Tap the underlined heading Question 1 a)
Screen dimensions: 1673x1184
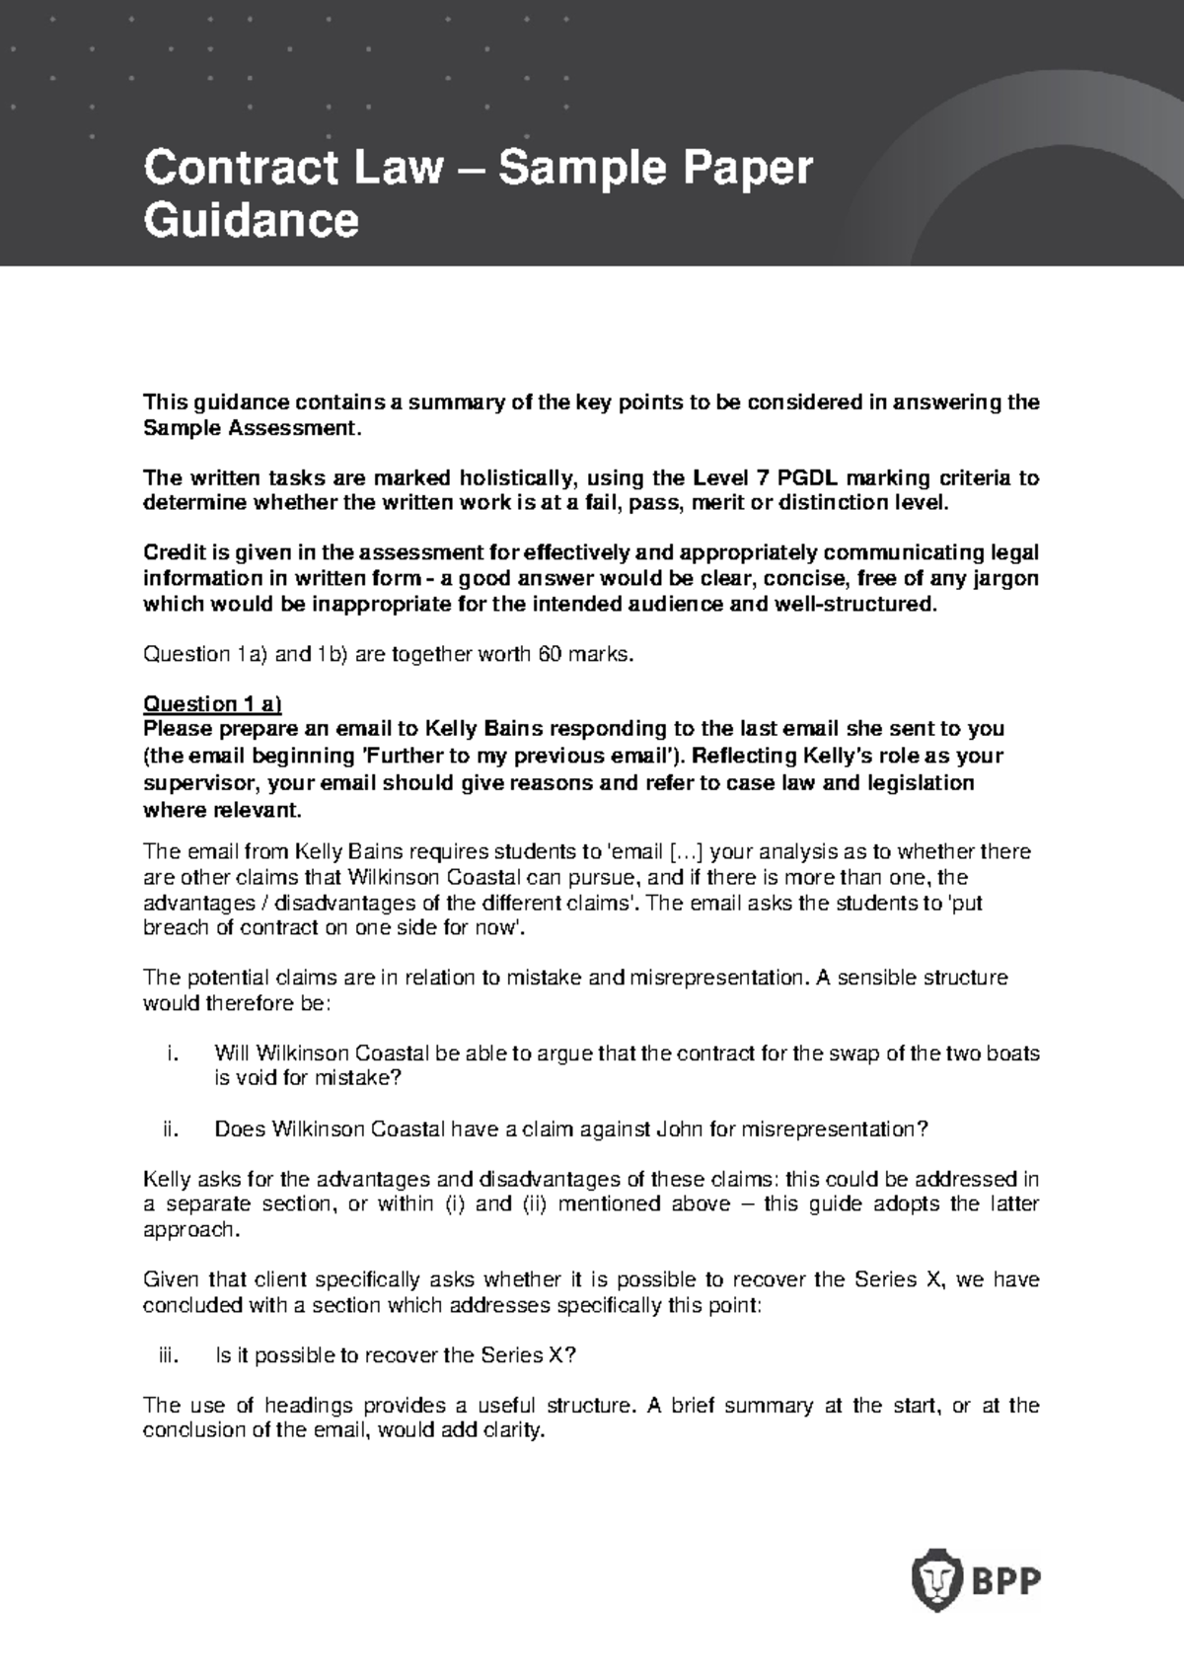click(x=212, y=703)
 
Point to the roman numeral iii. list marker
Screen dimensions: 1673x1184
click(x=170, y=1354)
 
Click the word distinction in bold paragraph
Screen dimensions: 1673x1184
click(x=830, y=503)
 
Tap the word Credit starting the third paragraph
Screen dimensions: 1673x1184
click(x=174, y=552)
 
